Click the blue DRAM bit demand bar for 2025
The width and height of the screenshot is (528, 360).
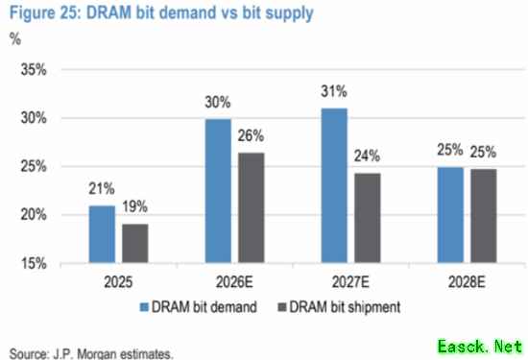coord(102,234)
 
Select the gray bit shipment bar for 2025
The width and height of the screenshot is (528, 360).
coord(135,243)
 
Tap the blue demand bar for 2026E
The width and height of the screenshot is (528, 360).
coord(218,191)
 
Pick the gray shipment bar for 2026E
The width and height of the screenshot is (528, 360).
coord(252,207)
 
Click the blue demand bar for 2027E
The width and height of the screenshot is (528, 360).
coord(334,185)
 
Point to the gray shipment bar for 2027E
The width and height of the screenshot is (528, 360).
coord(368,218)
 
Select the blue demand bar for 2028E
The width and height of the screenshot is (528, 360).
coord(450,215)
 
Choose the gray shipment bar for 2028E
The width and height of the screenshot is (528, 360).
coord(484,216)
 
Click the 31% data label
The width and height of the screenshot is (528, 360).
coord(334,91)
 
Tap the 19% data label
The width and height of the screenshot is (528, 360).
coord(134,206)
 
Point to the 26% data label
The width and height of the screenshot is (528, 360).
coord(251,135)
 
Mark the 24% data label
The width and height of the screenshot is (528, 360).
coord(367,156)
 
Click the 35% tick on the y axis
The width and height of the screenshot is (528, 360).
coord(34,70)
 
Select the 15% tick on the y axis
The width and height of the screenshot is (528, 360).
coord(34,263)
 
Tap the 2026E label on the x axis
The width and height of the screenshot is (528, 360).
coord(234,282)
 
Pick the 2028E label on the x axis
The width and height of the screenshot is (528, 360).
coord(467,282)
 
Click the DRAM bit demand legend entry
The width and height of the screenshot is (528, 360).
coord(199,307)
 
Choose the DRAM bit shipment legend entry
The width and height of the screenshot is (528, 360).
coord(339,307)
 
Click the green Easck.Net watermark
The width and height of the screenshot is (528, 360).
coord(480,347)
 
